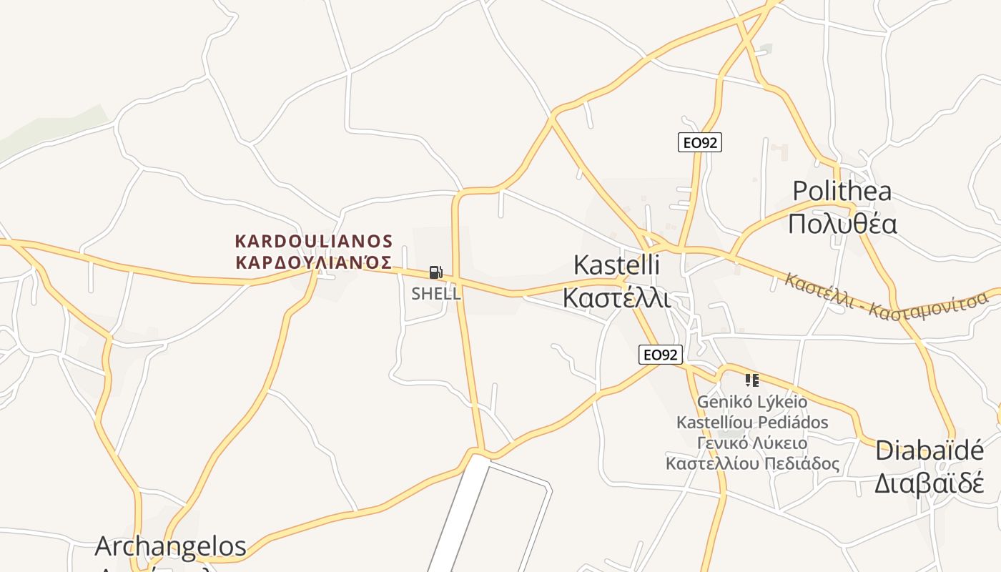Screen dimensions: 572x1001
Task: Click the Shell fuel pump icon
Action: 435,272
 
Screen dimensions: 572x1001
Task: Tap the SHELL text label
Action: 435,293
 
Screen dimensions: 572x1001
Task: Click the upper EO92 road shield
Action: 699,142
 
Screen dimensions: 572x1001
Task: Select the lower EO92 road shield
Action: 661,354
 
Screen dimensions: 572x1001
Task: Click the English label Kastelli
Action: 616,265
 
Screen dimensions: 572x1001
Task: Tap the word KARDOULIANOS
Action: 314,240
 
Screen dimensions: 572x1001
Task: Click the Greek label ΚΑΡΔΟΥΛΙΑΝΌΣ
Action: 314,262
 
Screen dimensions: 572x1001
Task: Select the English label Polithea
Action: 842,191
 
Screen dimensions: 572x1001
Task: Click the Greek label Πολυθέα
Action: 842,224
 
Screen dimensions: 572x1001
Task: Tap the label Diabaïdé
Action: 929,450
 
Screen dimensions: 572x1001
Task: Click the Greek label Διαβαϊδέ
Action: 929,483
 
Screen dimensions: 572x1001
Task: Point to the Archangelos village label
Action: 170,546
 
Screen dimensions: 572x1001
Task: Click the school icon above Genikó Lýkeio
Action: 751,380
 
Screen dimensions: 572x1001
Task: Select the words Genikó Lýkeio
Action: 751,402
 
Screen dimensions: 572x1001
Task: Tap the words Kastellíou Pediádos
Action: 751,422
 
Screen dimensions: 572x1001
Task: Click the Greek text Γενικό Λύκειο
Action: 751,443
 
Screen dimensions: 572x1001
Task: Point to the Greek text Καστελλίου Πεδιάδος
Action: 751,463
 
